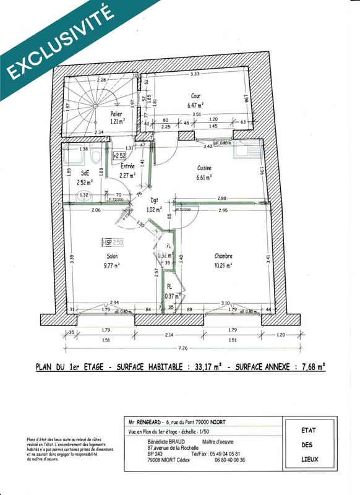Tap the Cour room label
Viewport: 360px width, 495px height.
(x=198, y=96)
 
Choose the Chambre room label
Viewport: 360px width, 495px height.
(x=223, y=256)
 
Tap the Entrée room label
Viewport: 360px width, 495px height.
(x=127, y=166)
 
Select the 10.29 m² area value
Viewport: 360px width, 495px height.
(x=223, y=265)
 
